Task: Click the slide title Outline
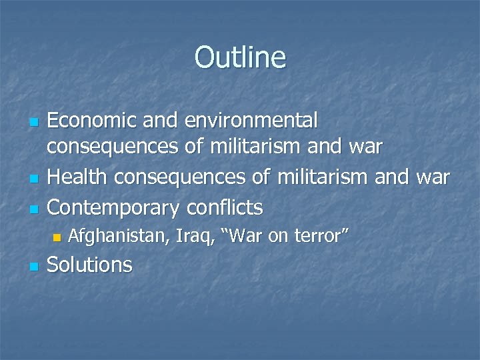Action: [240, 57]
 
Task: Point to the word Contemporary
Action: [113, 207]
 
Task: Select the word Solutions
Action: [91, 265]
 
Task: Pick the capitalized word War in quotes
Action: [237, 235]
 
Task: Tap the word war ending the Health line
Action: [432, 177]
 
